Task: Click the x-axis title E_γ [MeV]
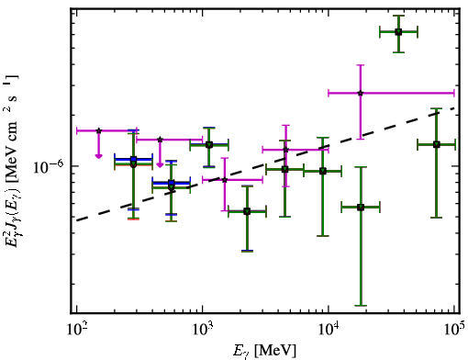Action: (264, 351)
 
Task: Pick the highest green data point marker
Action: (398, 32)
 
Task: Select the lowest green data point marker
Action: (247, 211)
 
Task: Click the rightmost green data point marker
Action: (437, 144)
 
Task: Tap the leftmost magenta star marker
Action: (98, 130)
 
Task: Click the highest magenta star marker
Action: (361, 93)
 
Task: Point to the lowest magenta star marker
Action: (225, 180)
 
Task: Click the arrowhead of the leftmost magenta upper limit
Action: (98, 156)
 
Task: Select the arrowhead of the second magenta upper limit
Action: (160, 165)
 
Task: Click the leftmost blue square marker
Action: (133, 159)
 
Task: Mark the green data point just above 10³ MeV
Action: (209, 145)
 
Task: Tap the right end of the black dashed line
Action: (455, 108)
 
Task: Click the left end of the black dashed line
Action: (77, 220)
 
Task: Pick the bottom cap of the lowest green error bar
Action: (361, 305)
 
